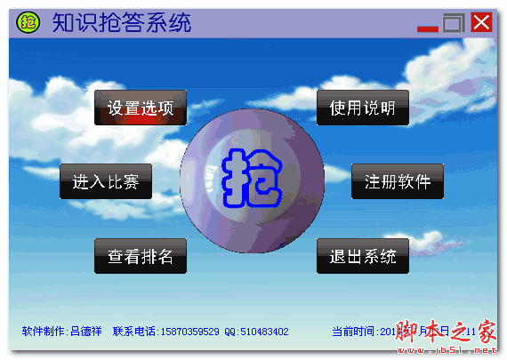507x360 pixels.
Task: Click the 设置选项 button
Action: [x=141, y=108]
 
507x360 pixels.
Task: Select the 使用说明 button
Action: [x=362, y=108]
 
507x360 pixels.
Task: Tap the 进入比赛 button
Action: [x=106, y=182]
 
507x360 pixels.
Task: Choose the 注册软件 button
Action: [x=398, y=182]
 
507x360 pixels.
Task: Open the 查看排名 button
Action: [x=141, y=257]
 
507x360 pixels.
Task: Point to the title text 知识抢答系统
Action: [x=121, y=22]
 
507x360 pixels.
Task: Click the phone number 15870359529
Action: [x=189, y=332]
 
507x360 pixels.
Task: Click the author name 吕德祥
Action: [x=85, y=332]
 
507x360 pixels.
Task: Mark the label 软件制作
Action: [x=43, y=332]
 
